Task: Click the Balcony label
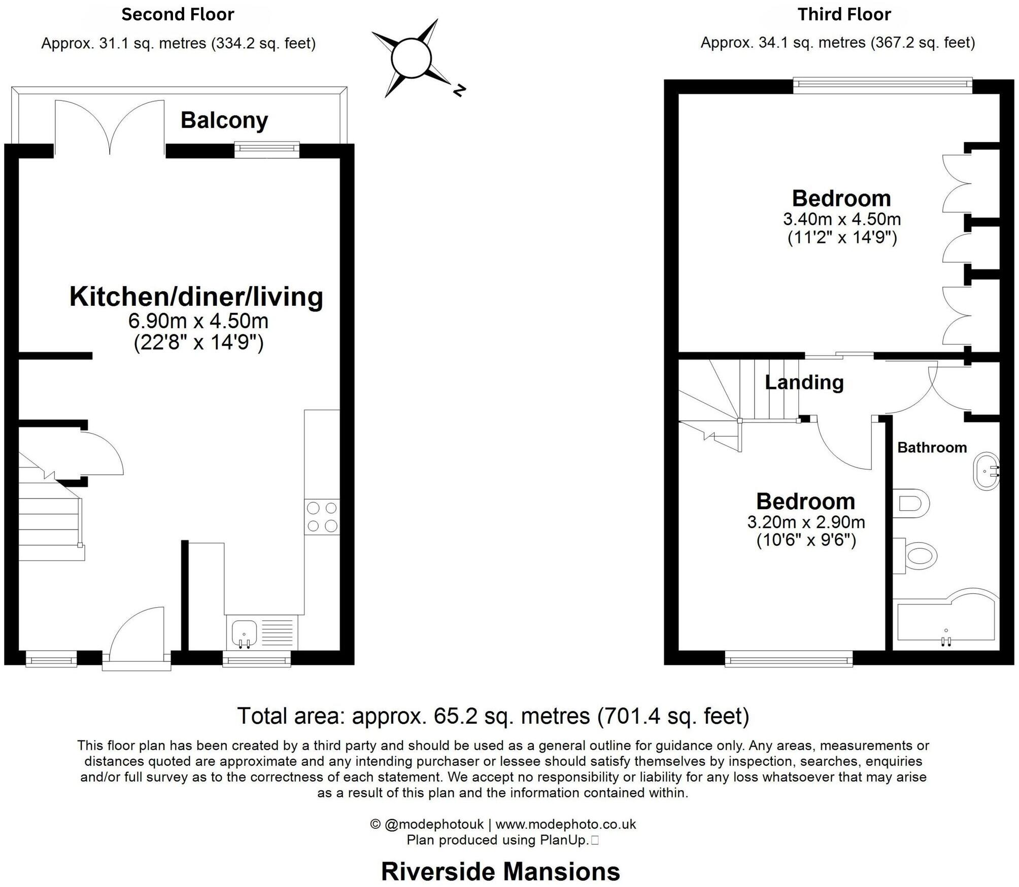point(224,121)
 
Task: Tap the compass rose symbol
point(411,58)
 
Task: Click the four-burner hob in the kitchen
point(322,517)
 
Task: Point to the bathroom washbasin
point(986,471)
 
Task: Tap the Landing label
point(804,382)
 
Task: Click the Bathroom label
point(932,447)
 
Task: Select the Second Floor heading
point(178,15)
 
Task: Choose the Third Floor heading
point(844,15)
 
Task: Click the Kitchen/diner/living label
point(196,297)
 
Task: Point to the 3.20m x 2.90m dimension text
point(806,522)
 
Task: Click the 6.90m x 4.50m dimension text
point(198,321)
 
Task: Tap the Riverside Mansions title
point(500,872)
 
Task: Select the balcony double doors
point(110,127)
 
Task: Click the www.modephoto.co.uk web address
point(565,824)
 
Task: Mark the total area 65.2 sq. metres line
point(493,716)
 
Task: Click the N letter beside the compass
point(459,91)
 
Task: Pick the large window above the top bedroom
point(882,85)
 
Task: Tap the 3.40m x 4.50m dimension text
point(842,219)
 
